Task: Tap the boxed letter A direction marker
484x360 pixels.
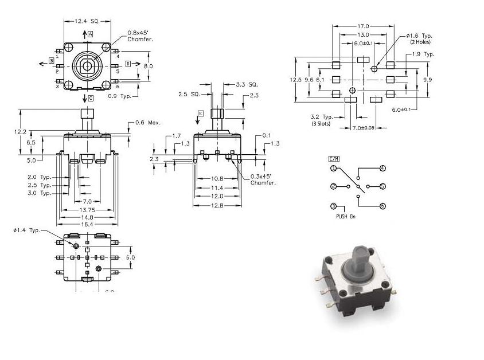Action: [90, 34]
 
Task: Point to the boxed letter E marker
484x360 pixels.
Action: [200, 114]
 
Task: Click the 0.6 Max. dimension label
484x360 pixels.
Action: [147, 123]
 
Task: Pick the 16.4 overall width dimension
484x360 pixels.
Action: [87, 224]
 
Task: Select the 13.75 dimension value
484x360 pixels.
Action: [87, 209]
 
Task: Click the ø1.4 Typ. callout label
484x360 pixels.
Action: [26, 230]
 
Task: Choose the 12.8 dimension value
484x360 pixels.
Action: [217, 205]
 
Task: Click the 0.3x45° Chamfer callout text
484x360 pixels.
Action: [263, 179]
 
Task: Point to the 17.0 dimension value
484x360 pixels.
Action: [363, 26]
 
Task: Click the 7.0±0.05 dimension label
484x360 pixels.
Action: [362, 127]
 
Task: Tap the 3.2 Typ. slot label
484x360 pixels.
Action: [322, 119]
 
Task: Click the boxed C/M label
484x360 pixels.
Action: [334, 158]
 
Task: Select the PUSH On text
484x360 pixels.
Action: [346, 217]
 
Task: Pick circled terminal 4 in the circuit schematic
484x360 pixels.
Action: [382, 169]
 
